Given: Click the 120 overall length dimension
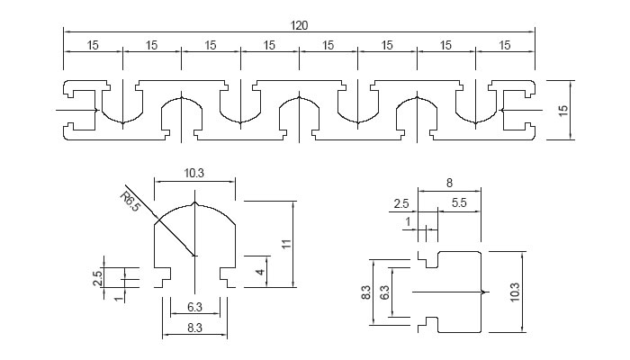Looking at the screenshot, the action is point(299,26).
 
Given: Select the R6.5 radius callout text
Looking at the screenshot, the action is point(130,202).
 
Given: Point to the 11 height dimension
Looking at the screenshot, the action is point(286,244).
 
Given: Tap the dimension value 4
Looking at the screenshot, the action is point(260,272).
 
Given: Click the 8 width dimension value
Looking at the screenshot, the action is point(449,184).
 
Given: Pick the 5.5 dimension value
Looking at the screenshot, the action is point(459,202).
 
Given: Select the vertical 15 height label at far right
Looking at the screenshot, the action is point(563,111).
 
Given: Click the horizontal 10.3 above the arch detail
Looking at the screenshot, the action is point(194,173).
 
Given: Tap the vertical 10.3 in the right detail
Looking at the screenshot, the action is point(515,292).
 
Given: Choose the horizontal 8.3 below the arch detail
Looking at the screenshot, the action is point(194,328).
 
